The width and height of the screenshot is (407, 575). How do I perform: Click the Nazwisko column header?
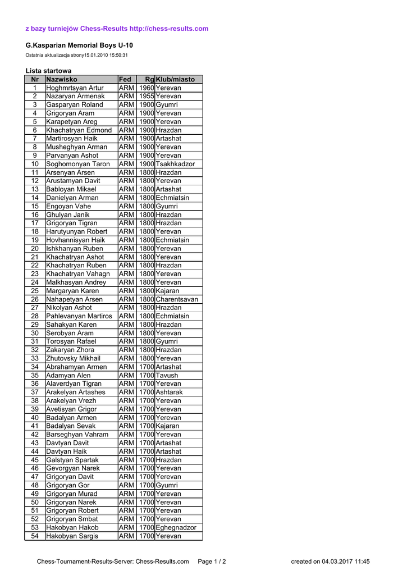pos(62,80)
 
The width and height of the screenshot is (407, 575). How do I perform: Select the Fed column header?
pos(125,80)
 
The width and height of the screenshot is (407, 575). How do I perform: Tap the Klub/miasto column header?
pos(175,80)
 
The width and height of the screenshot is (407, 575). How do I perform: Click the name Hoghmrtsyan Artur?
pos(75,88)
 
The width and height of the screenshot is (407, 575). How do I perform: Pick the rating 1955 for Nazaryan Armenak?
pos(147,97)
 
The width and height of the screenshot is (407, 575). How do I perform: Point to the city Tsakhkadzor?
pos(175,164)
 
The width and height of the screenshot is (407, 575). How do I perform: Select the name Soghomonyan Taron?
pos(77,164)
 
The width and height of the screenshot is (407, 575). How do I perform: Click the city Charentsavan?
pos(177,299)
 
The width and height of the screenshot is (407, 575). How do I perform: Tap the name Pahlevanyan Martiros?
pos(79,316)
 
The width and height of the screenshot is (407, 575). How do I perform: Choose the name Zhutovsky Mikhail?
pos(73,358)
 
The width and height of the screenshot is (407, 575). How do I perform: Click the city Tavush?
pos(167,375)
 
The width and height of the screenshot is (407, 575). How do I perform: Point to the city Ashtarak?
pos(169,392)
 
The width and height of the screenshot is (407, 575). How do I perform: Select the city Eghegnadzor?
pos(176,527)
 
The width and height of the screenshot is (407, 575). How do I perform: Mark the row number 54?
pos(35,536)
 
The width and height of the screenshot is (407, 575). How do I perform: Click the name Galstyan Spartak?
pos(72,460)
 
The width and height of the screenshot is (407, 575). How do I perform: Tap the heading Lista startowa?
pos(48,71)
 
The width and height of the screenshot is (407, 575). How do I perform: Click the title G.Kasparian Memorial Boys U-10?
pos(79,45)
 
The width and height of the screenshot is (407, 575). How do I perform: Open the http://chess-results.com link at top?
pos(169,29)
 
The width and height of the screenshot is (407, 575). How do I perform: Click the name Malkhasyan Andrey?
pos(76,282)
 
